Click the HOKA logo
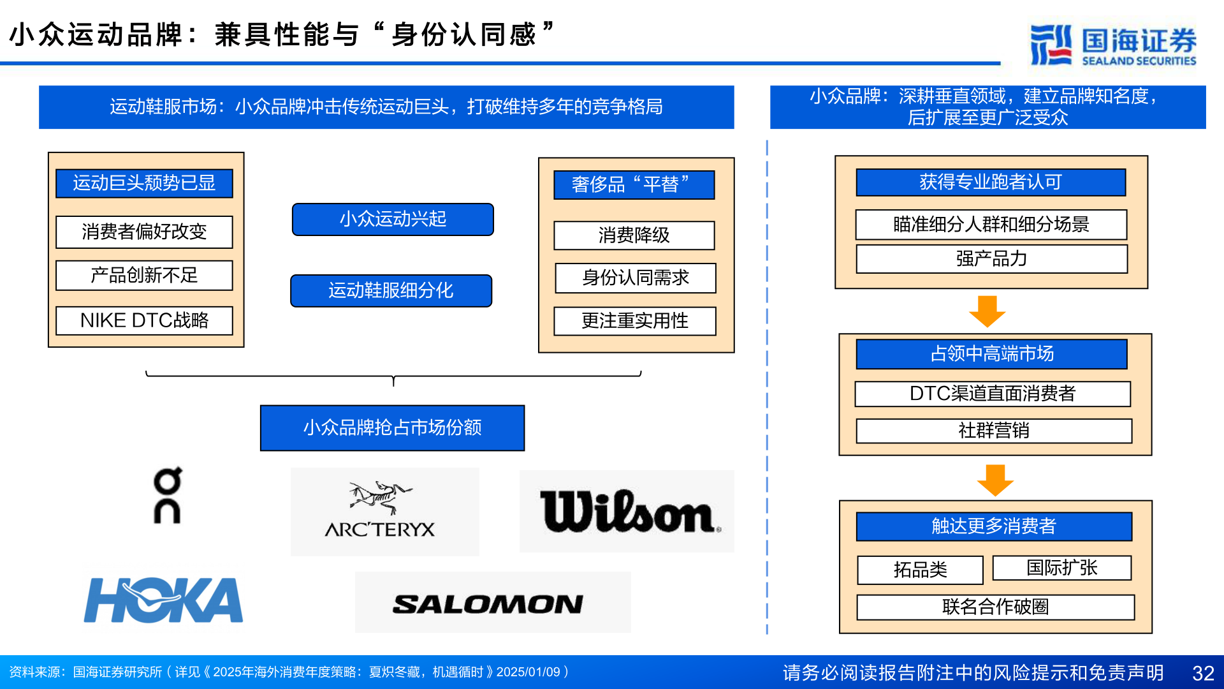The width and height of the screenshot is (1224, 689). (x=164, y=600)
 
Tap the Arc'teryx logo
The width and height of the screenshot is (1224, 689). (x=381, y=511)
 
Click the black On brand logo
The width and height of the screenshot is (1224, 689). (x=168, y=496)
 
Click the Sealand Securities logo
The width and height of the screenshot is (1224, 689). (x=1114, y=45)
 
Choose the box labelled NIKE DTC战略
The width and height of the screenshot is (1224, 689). (x=144, y=320)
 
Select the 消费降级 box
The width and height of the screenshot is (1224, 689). (x=634, y=235)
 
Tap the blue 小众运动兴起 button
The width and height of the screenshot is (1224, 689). (x=393, y=219)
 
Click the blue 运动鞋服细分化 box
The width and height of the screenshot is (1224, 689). (x=391, y=291)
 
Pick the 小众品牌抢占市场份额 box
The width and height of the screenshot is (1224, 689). (x=392, y=427)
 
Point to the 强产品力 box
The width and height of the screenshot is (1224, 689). (x=991, y=259)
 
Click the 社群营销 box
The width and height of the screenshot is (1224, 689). (x=993, y=431)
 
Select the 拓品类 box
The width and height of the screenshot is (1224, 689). (x=920, y=570)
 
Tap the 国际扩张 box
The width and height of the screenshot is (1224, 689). (x=1061, y=568)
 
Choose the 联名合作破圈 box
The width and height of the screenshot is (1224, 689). (x=995, y=607)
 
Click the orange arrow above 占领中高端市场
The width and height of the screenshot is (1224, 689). (x=987, y=311)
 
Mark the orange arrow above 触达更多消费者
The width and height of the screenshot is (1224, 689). (x=995, y=480)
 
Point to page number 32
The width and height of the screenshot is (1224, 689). (x=1203, y=673)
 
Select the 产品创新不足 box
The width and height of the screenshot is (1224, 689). (x=144, y=276)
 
